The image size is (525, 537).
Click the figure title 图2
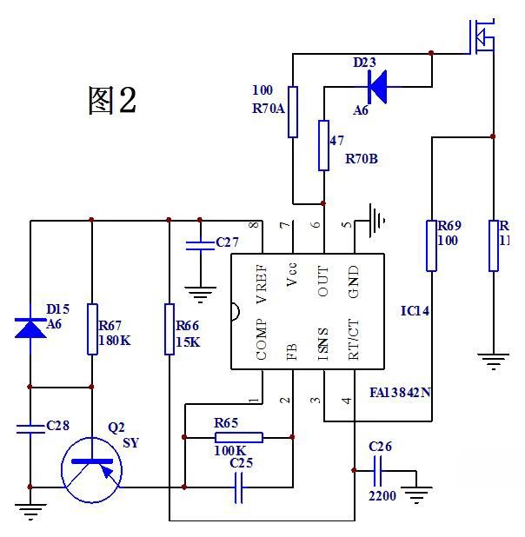coord(112,100)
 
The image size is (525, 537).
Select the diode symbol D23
coord(377,85)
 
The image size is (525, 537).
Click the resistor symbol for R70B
coord(323,145)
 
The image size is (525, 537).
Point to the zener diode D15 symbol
coord(30,328)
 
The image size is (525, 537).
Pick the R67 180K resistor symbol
coord(91,328)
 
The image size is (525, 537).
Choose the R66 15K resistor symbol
coord(169,328)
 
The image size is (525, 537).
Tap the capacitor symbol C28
coord(30,427)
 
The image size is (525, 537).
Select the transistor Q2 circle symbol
coord(91,470)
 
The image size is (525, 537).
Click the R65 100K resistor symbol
coord(238,436)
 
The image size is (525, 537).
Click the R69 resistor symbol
coord(431,245)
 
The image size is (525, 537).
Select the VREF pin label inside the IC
coord(262,283)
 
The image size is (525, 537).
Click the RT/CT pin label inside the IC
coord(352,340)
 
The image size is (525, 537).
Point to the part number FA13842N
coord(401,392)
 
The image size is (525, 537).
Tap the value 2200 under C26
coord(382,496)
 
